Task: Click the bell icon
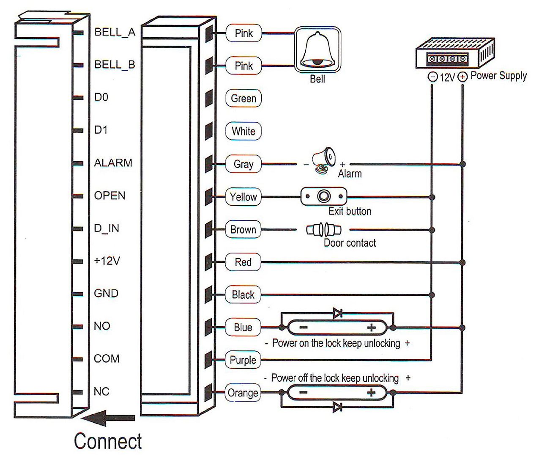click(x=317, y=50)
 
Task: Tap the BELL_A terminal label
click(x=115, y=32)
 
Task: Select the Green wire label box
click(x=244, y=99)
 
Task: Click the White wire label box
click(x=244, y=131)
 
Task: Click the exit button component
click(x=324, y=197)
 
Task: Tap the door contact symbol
click(x=324, y=230)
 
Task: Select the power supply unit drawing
click(x=454, y=52)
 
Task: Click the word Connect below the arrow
click(x=108, y=441)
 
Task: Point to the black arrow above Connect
click(x=108, y=418)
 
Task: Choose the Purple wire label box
click(x=243, y=360)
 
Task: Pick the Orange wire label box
click(x=243, y=393)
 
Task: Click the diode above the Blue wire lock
click(x=337, y=314)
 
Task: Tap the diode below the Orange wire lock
click(x=337, y=407)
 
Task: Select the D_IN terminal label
click(x=107, y=228)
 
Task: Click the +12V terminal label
click(x=107, y=261)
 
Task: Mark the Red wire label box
click(x=243, y=262)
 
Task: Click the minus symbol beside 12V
click(x=432, y=77)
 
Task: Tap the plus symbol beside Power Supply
click(x=462, y=77)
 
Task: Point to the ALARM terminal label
click(x=113, y=163)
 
